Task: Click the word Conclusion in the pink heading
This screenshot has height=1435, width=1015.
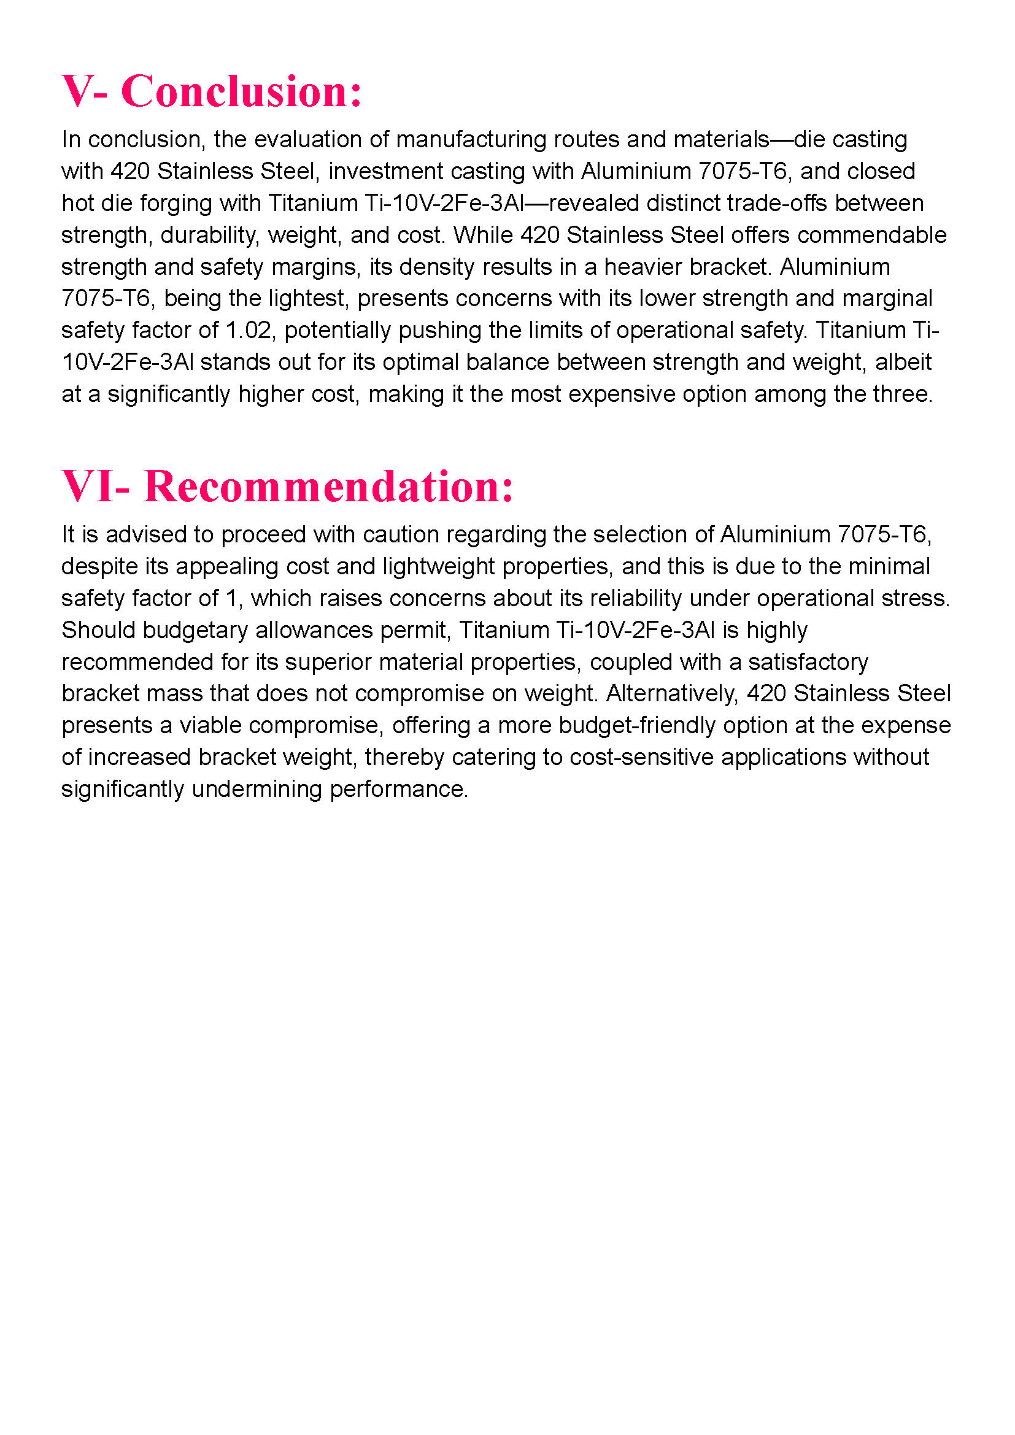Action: coord(241,91)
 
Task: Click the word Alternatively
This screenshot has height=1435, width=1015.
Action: coord(672,693)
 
